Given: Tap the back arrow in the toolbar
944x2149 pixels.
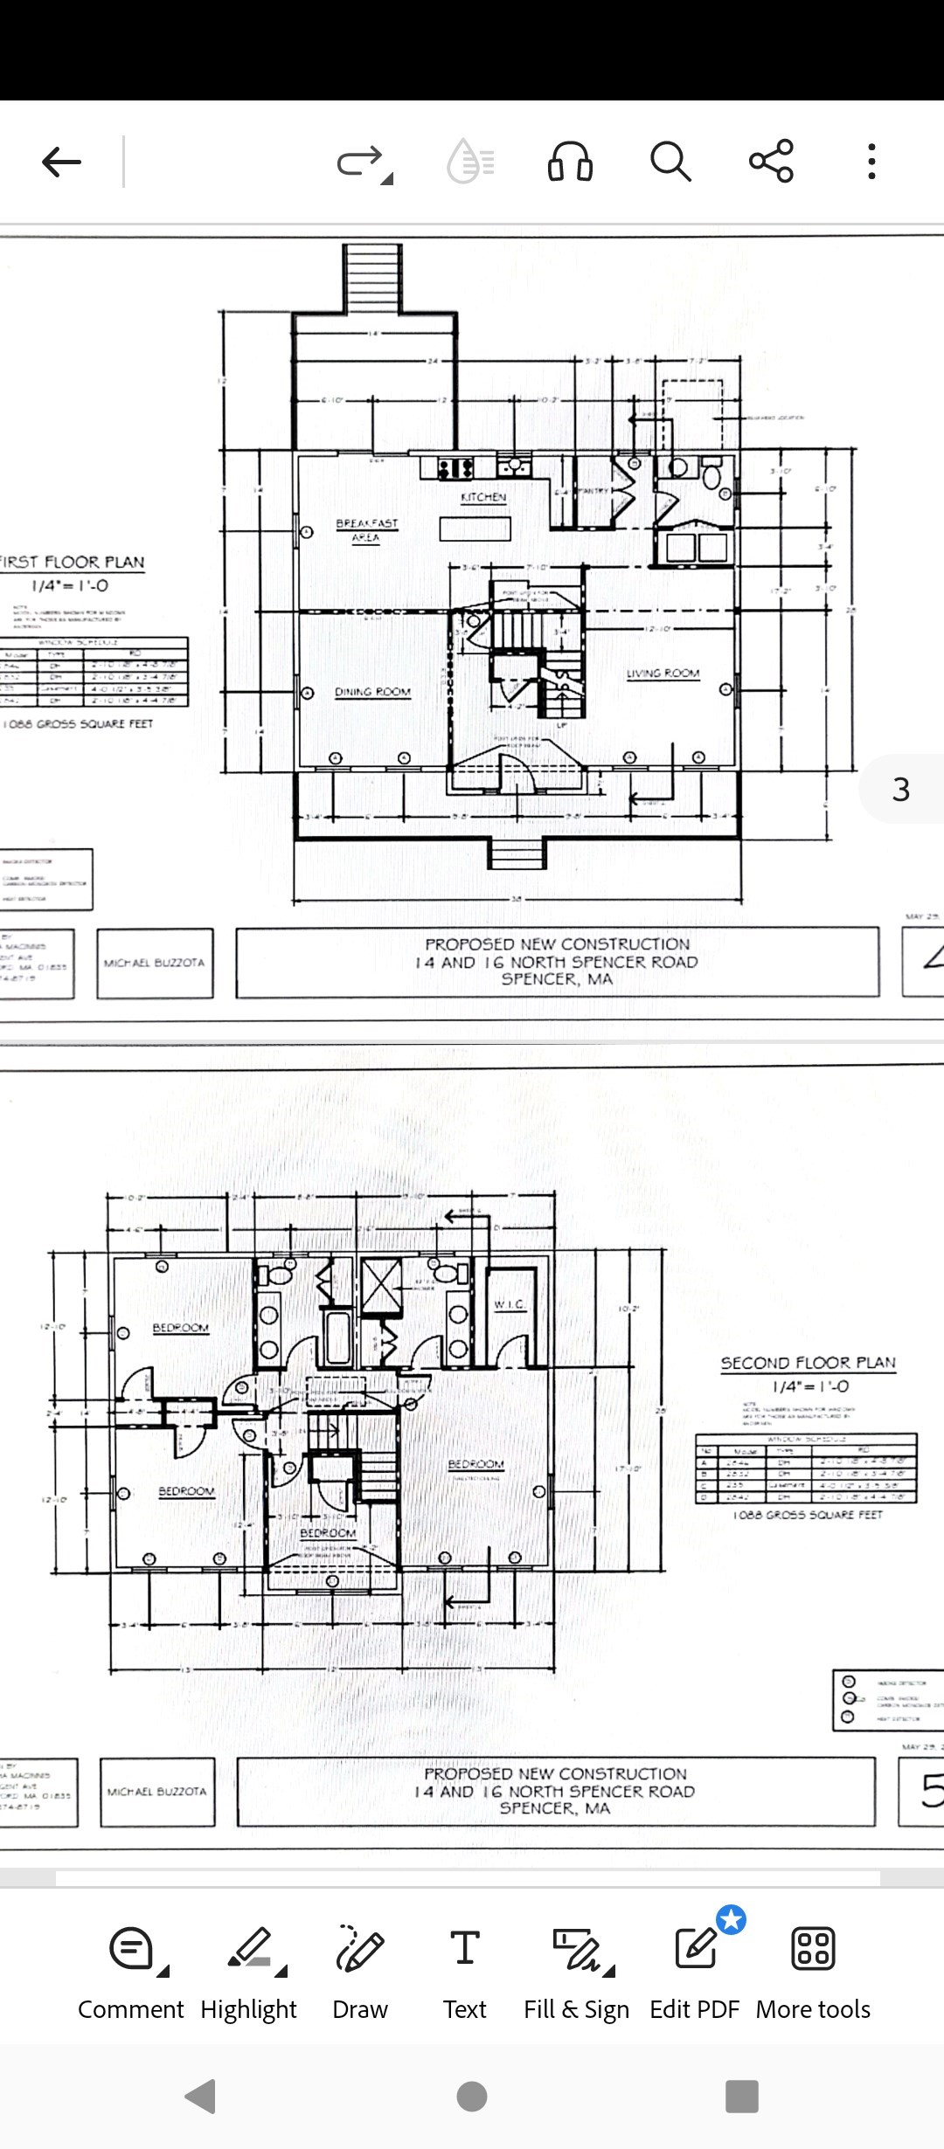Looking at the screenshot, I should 61,162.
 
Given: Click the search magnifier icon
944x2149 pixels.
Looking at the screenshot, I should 670,162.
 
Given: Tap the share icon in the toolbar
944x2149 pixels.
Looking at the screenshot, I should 771,161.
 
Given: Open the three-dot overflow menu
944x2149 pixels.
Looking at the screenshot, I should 871,162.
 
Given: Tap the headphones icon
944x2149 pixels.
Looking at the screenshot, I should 570,162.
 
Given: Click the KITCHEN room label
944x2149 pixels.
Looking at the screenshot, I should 483,497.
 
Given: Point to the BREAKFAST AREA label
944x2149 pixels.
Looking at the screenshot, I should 366,529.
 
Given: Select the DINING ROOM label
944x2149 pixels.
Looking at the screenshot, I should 372,692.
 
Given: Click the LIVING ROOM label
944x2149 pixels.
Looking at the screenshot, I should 663,674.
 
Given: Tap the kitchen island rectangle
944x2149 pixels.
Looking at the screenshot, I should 475,529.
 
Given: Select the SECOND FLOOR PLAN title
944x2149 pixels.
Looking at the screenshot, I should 808,1363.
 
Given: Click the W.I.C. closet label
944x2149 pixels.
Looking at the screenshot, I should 510,1304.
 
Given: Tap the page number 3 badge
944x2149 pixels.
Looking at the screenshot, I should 901,790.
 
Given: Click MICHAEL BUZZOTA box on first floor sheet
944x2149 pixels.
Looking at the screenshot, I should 155,963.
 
